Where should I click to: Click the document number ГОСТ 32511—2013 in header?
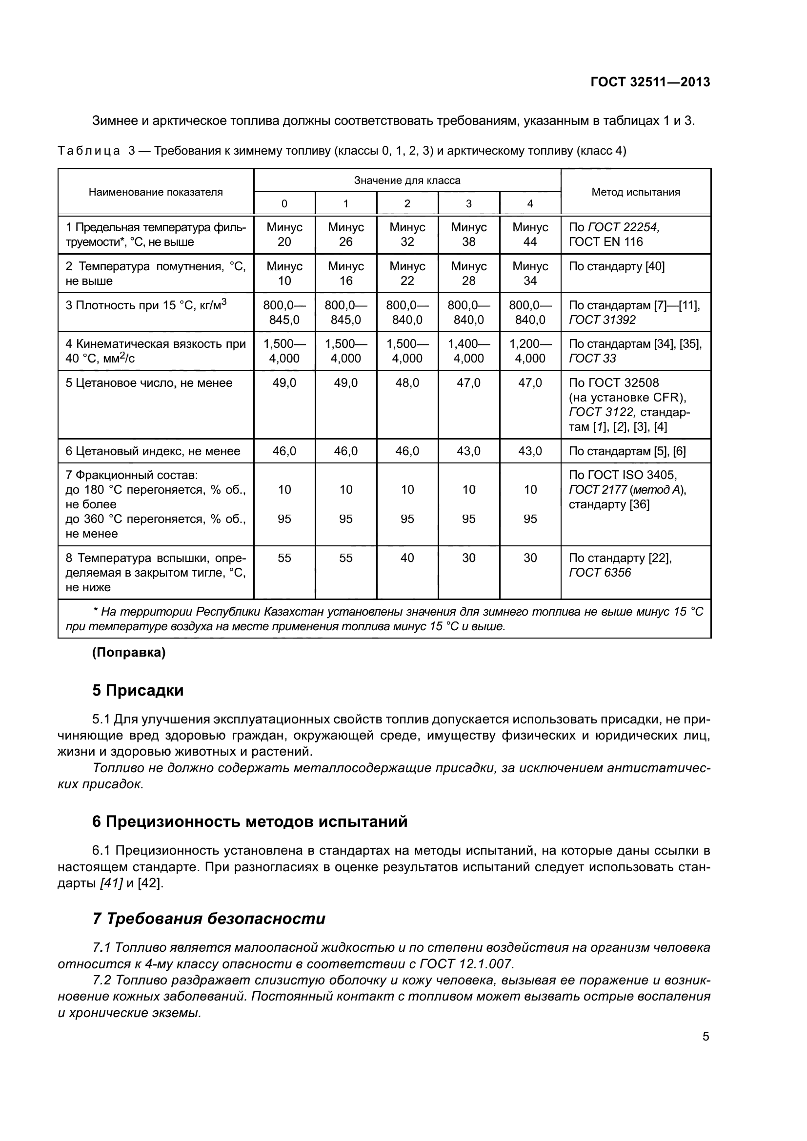tap(650, 82)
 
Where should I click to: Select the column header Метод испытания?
tap(635, 192)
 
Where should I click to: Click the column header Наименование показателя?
tap(156, 192)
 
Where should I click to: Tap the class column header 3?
tap(468, 204)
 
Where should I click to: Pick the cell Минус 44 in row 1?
tap(530, 235)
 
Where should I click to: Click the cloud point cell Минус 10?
tap(284, 273)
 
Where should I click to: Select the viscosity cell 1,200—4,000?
tap(530, 351)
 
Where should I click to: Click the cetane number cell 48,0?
tap(407, 382)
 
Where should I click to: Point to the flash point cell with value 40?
tap(407, 558)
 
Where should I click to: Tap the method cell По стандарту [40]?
tap(616, 266)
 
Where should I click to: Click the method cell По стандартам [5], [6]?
tap(626, 451)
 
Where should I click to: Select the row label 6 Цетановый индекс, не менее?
tap(153, 451)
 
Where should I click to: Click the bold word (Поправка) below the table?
tap(129, 653)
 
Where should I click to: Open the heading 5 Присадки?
tap(138, 690)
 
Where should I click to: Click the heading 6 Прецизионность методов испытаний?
tap(249, 821)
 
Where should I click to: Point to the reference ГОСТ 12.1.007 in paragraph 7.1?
tap(466, 964)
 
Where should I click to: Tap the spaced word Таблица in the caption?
tap(88, 151)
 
